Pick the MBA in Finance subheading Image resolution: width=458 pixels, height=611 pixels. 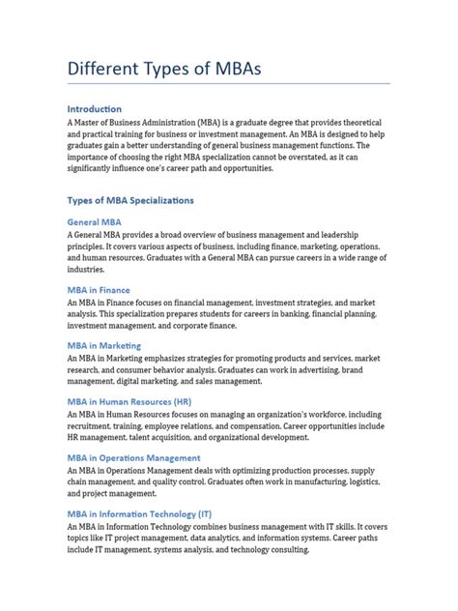pos(112,290)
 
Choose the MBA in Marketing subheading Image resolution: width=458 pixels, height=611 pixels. pos(118,345)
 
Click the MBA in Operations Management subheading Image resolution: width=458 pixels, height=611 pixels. pos(148,457)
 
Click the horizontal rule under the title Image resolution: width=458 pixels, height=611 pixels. pos(228,84)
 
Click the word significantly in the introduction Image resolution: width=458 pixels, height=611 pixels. pos(98,168)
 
